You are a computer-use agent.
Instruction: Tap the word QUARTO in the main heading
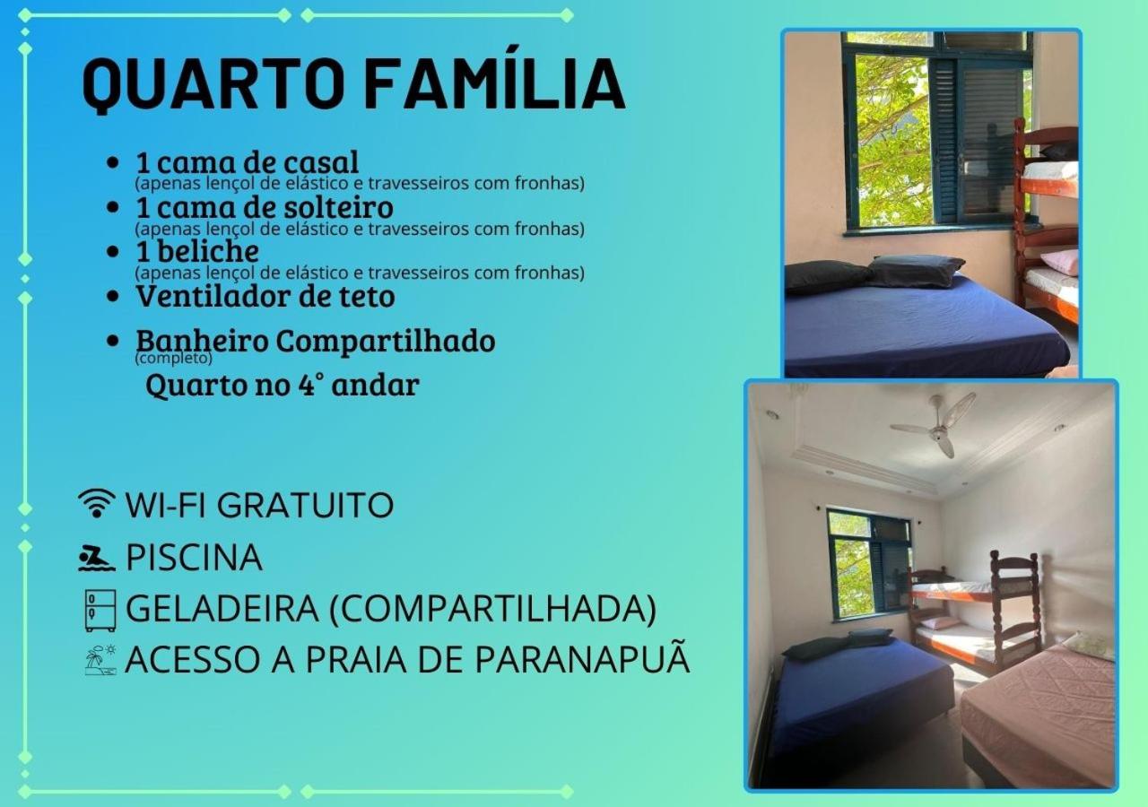coord(213,84)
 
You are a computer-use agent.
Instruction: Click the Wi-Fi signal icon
coord(96,503)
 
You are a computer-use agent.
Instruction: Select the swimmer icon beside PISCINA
coord(96,558)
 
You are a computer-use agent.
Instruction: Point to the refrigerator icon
coord(100,611)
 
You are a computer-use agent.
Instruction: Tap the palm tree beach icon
coord(100,660)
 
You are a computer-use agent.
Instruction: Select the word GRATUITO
coord(306,505)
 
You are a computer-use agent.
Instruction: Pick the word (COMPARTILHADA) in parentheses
coord(492,609)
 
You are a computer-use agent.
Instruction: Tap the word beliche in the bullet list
coord(207,251)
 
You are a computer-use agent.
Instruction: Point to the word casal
coord(321,162)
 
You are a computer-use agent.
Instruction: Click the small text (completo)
coord(173,358)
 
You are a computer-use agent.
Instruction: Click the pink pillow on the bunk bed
coord(1059,261)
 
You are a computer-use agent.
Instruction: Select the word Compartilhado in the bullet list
coord(386,342)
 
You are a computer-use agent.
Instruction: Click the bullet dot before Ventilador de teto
coord(113,297)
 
